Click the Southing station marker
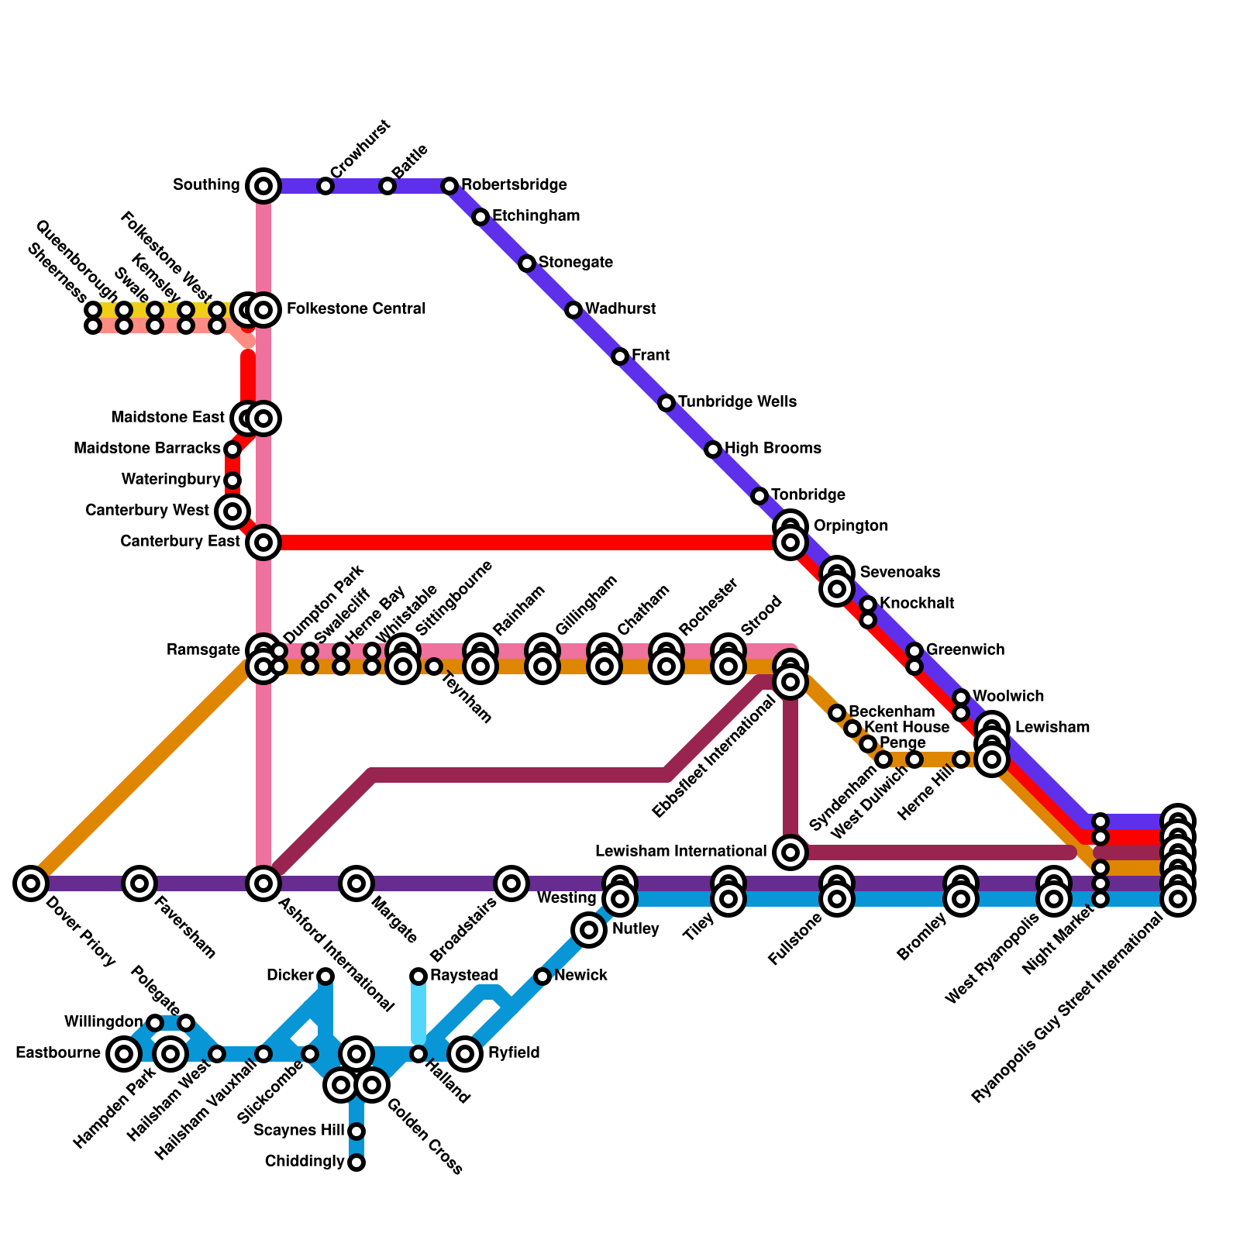263,186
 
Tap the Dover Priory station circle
31,883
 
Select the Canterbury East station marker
263,542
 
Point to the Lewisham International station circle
790,852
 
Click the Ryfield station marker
465,1053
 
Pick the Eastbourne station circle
124,1053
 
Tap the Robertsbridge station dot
449,186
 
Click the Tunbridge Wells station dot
666,403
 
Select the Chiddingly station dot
356,1162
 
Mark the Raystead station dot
418,976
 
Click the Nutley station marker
589,929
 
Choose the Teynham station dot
434,666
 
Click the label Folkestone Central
356,309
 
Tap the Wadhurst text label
620,309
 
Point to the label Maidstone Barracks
146,449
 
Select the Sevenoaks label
900,573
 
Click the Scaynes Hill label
298,1131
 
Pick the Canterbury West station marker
232,511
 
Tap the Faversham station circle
139,883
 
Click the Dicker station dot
325,976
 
